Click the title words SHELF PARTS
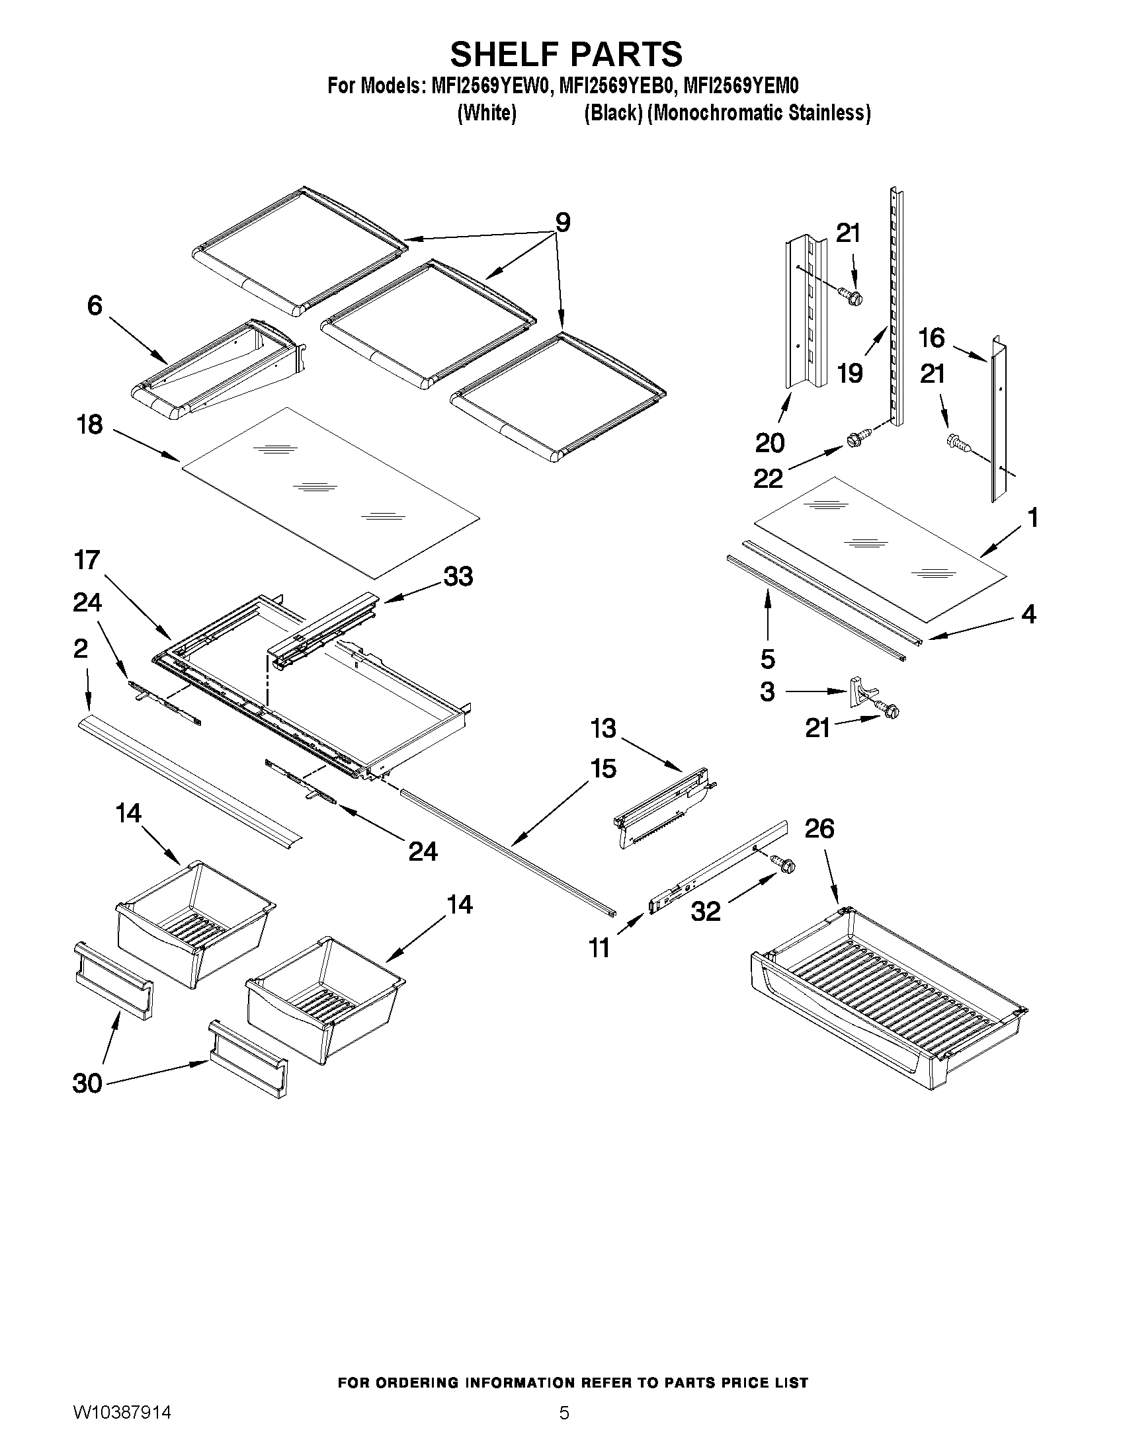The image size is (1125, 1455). click(566, 55)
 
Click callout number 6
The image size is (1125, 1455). click(95, 306)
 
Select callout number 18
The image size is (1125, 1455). click(90, 424)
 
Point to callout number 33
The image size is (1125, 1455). click(458, 576)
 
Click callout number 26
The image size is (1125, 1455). click(818, 829)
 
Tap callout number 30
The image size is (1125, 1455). click(87, 1083)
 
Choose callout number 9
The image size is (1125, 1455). click(562, 223)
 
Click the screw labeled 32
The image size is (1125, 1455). click(784, 864)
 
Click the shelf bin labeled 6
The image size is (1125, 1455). click(220, 370)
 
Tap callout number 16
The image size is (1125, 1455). click(931, 338)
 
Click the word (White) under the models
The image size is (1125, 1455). click(487, 113)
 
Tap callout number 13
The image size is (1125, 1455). click(603, 728)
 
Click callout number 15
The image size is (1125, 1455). click(603, 769)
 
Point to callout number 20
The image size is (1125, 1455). click(770, 442)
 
